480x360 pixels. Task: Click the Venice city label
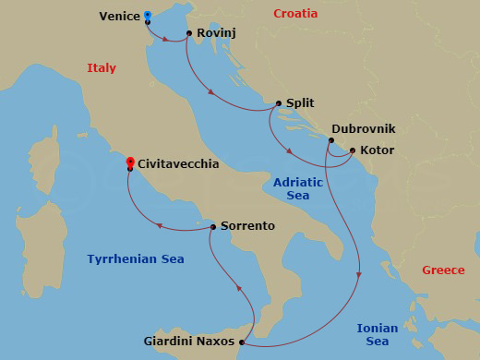(x=119, y=15)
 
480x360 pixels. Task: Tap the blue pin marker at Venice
(x=148, y=16)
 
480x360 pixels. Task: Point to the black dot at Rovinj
(x=189, y=34)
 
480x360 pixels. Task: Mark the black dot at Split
(x=278, y=104)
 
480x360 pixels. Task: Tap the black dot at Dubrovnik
(x=330, y=140)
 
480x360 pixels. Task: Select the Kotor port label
(x=378, y=150)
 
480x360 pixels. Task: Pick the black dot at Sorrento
(x=213, y=226)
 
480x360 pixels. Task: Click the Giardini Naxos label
(x=189, y=342)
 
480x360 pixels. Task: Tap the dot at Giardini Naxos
(x=242, y=342)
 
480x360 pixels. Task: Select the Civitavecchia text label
(x=177, y=163)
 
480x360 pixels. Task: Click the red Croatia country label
(x=295, y=14)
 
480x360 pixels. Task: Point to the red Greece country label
(x=443, y=270)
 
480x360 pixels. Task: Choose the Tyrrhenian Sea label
(x=136, y=259)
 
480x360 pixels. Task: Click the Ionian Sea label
(x=378, y=335)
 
